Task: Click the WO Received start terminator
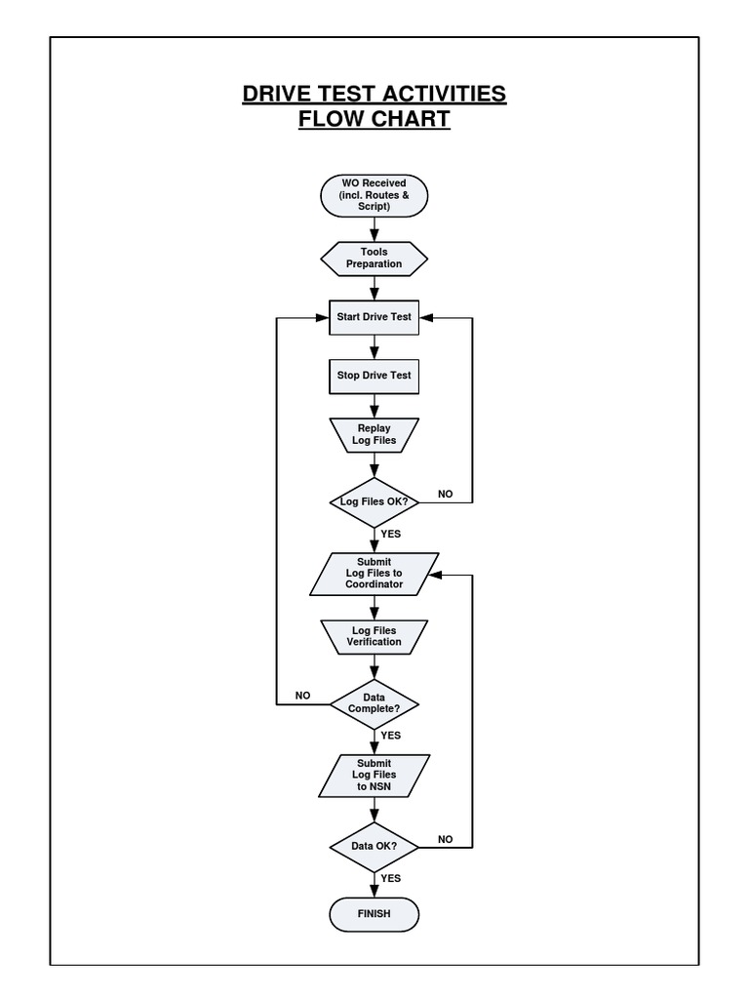click(374, 195)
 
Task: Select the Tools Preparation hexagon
click(374, 258)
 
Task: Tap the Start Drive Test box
click(374, 317)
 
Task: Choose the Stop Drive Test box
click(374, 376)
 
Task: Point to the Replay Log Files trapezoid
click(374, 435)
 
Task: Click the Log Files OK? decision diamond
click(374, 501)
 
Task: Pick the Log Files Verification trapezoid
click(374, 636)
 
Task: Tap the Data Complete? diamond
click(374, 703)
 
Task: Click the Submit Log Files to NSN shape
click(374, 776)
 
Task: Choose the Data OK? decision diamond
click(374, 846)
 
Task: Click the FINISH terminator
click(374, 914)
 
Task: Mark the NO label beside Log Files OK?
click(446, 494)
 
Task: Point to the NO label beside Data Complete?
click(303, 696)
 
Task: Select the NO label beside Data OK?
click(446, 838)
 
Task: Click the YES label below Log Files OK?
click(391, 534)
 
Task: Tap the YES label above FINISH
click(391, 878)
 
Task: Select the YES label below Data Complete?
click(391, 736)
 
